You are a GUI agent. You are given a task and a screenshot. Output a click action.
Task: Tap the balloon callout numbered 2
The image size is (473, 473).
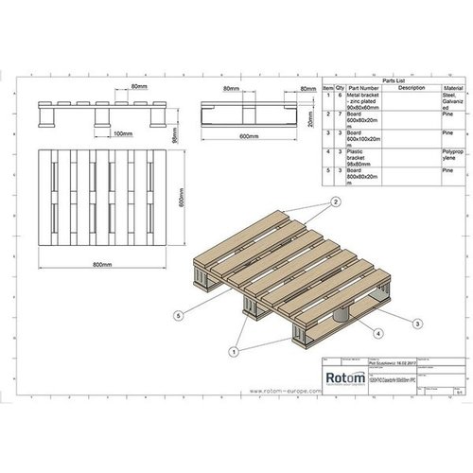pyautogui.click(x=335, y=202)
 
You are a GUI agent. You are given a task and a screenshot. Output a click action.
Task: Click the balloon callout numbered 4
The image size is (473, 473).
pyautogui.click(x=378, y=334)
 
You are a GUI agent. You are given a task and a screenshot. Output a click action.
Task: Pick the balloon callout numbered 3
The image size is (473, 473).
pyautogui.click(x=417, y=324)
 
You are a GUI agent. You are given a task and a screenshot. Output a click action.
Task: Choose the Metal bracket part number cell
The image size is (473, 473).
pyautogui.click(x=364, y=101)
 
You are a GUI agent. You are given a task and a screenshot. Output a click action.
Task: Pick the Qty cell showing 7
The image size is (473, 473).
pyautogui.click(x=340, y=115)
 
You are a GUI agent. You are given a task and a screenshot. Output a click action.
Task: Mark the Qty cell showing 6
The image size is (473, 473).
pyautogui.click(x=340, y=95)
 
